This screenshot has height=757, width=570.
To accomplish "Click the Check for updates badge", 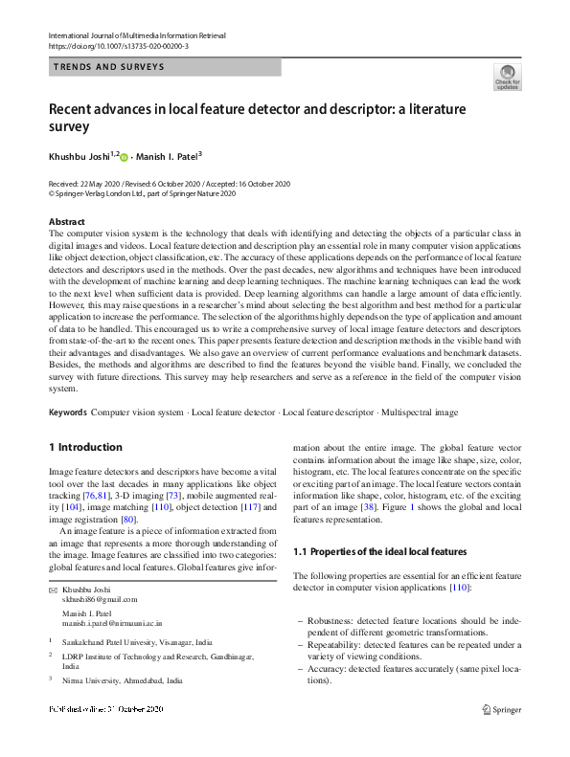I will pyautogui.click(x=506, y=77).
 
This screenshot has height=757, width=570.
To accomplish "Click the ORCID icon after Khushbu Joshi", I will pyautogui.click(x=124, y=157).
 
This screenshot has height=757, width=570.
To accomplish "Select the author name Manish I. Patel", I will pyautogui.click(x=170, y=157).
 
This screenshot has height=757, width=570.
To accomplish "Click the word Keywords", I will pyautogui.click(x=68, y=412).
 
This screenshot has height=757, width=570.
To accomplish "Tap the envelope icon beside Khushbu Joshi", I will pyautogui.click(x=53, y=590).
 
